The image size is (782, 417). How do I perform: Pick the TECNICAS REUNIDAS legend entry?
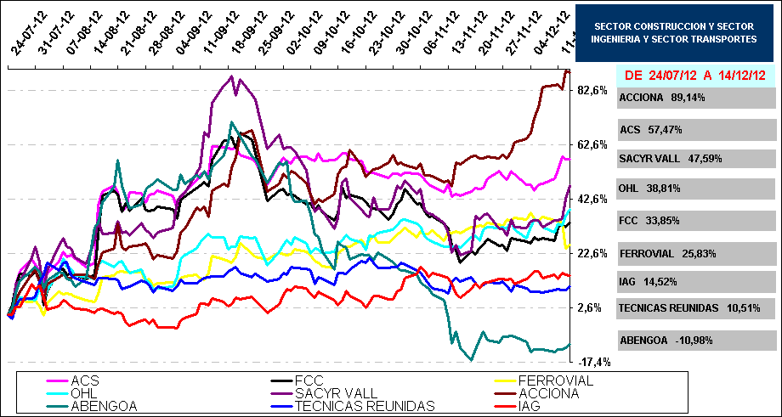365,406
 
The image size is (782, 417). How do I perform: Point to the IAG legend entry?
529,406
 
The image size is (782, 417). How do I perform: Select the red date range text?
695,75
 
